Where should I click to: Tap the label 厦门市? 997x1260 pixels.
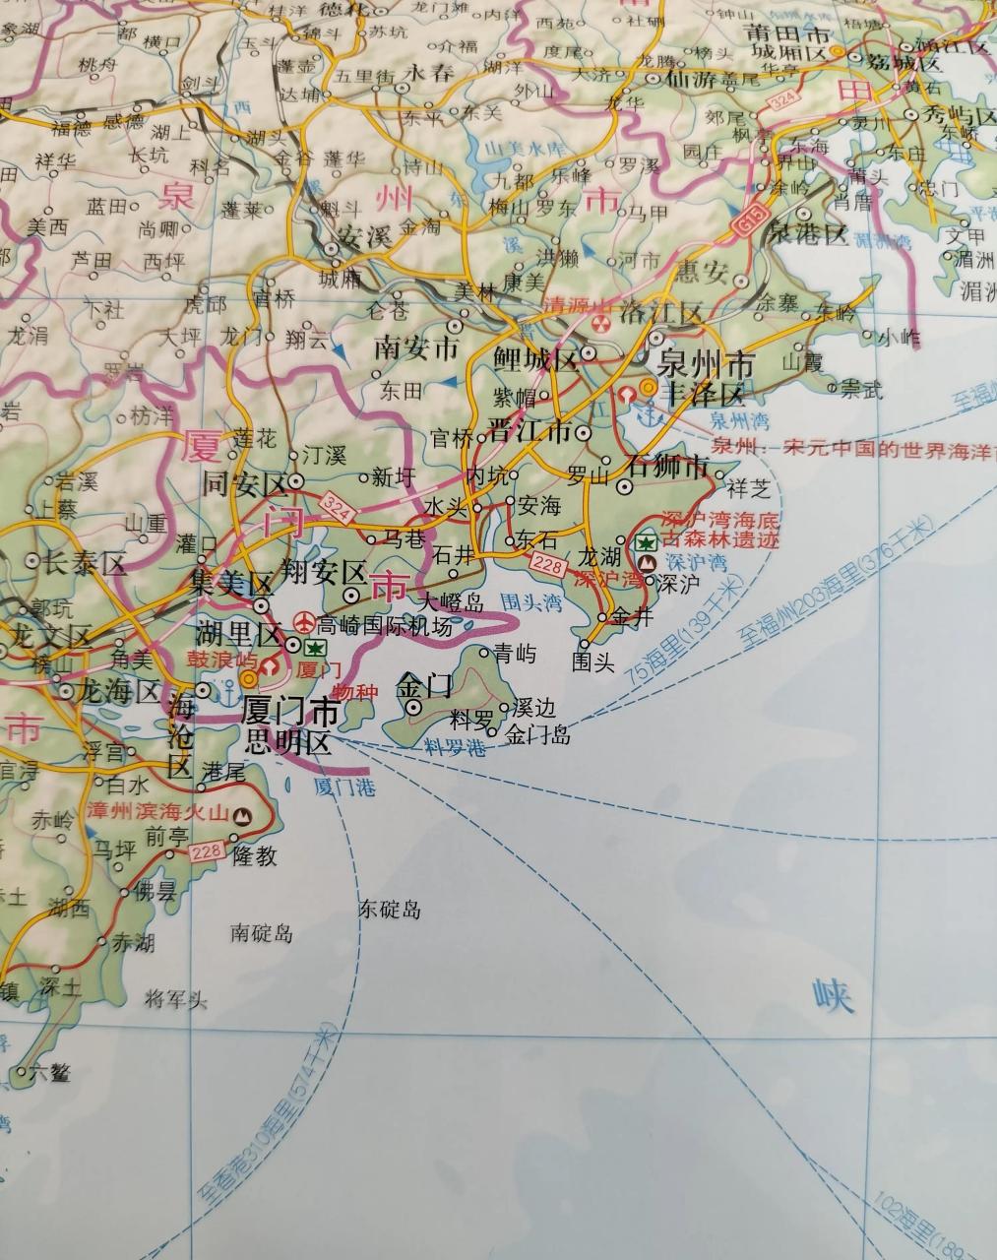pos(290,711)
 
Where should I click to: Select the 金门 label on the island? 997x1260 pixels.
pos(424,683)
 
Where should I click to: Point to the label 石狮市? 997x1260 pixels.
pos(668,465)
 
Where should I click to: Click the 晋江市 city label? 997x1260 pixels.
pos(530,431)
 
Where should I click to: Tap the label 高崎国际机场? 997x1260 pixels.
pos(385,626)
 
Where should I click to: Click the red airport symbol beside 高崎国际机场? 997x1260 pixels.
pos(305,623)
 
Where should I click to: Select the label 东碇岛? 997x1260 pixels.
pos(390,909)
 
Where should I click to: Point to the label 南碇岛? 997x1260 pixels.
pos(262,932)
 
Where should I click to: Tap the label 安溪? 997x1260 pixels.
pos(338,236)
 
